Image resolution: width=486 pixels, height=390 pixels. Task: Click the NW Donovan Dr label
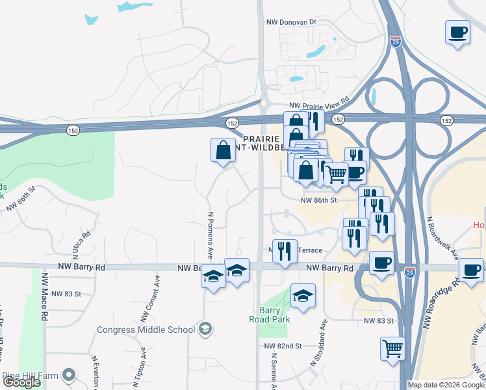(x=290, y=21)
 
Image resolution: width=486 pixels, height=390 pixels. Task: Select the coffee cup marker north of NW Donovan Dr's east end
(x=458, y=32)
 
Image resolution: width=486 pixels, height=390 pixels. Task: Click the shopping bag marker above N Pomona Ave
(x=223, y=150)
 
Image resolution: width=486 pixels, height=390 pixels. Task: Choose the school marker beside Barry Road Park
(x=303, y=296)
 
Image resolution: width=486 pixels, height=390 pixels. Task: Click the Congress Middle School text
(x=146, y=330)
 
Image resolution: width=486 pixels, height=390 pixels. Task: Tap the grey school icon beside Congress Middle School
(x=206, y=329)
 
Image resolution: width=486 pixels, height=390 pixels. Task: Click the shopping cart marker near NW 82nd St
(x=392, y=348)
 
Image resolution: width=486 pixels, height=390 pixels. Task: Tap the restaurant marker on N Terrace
(x=283, y=252)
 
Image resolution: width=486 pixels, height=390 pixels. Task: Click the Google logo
(x=21, y=383)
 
